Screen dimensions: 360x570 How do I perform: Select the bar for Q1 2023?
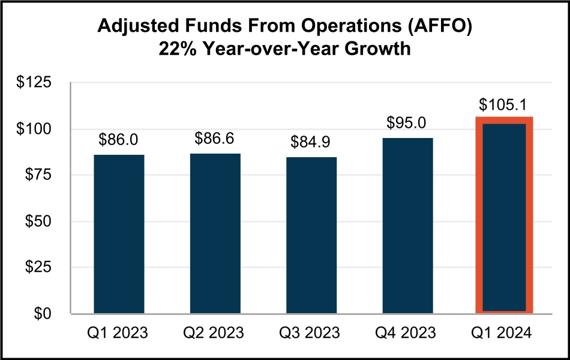click(119, 234)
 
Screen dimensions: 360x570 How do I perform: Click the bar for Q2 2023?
click(215, 233)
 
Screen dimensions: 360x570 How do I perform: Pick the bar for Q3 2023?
click(311, 235)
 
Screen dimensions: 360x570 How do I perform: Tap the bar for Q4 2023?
click(407, 226)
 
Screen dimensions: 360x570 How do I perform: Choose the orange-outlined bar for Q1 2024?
click(504, 216)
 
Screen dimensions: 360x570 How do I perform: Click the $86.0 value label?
click(119, 140)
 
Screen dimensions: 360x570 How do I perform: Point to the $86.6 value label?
click(215, 139)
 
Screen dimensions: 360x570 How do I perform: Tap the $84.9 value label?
click(311, 143)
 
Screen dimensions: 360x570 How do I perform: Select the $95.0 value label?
click(407, 124)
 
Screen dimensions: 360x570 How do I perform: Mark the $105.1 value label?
click(504, 104)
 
